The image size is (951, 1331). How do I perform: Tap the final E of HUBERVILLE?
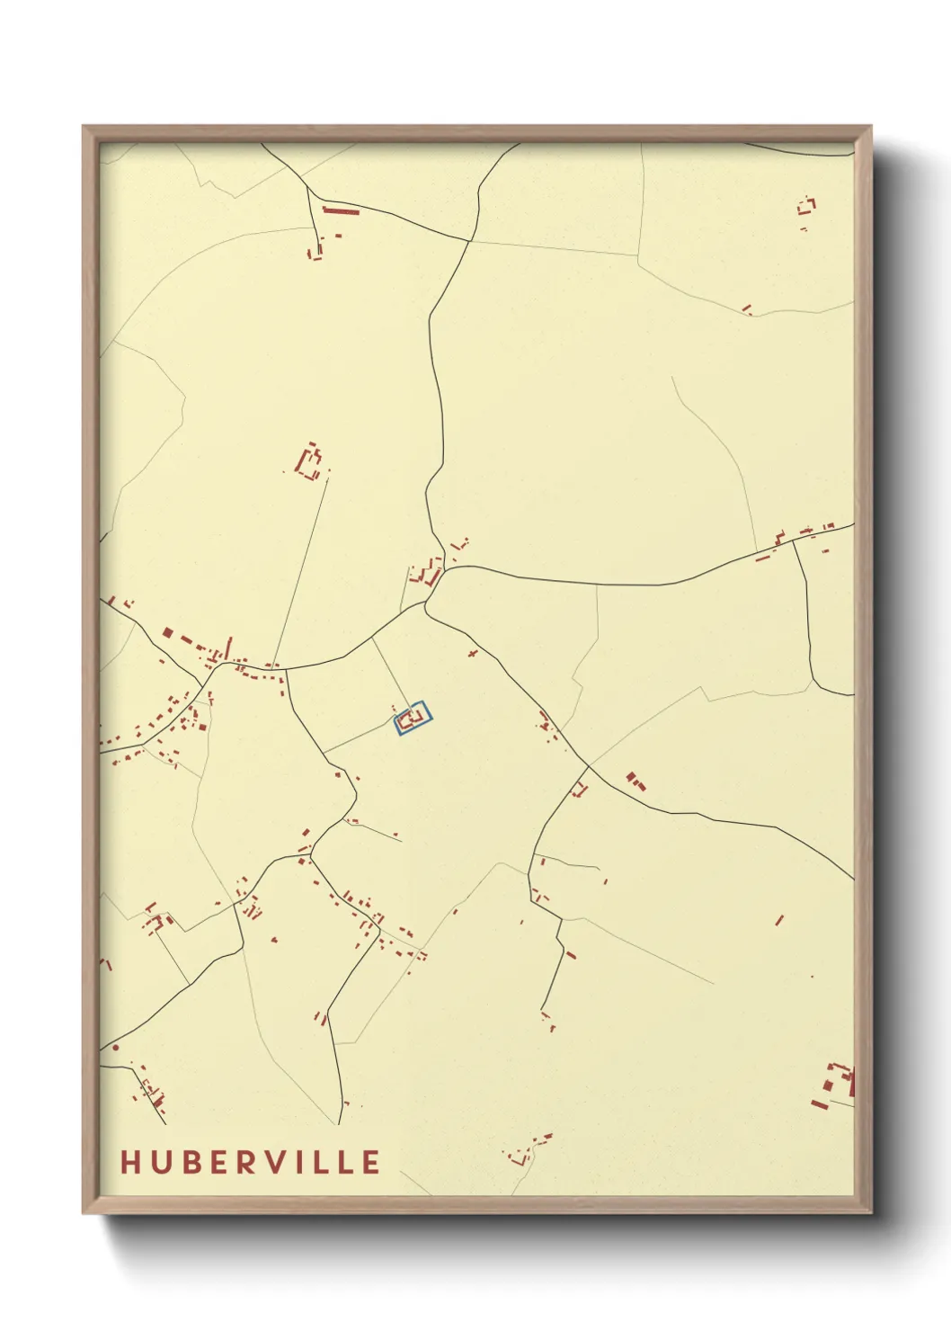coord(370,1162)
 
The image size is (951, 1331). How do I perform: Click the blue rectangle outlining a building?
coord(414,719)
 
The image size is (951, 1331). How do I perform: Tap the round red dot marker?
coord(115,1048)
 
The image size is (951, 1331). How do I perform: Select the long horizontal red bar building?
coord(341,211)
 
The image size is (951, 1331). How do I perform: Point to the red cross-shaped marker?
coord(474,653)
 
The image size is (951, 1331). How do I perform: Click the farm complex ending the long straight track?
coord(309,464)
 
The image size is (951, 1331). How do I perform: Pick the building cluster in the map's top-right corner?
coord(806,207)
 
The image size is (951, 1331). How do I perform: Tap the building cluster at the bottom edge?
coord(526,1151)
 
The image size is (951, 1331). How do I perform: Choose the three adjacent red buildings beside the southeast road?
coord(635,781)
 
